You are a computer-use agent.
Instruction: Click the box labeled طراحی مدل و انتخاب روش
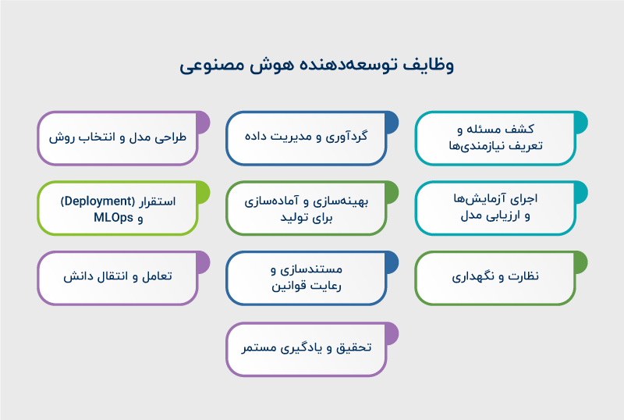(x=118, y=137)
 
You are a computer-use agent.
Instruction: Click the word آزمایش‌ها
(x=488, y=199)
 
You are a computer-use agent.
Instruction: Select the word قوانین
(x=292, y=287)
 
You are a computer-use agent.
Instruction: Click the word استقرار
(x=157, y=201)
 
